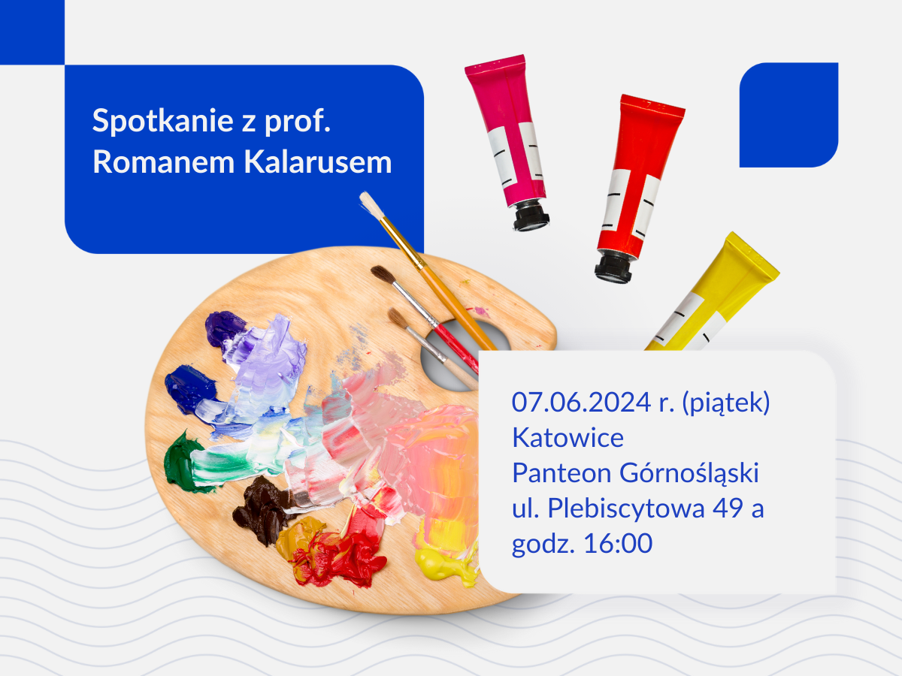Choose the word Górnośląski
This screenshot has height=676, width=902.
(689, 473)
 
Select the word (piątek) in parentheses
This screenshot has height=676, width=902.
(725, 403)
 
